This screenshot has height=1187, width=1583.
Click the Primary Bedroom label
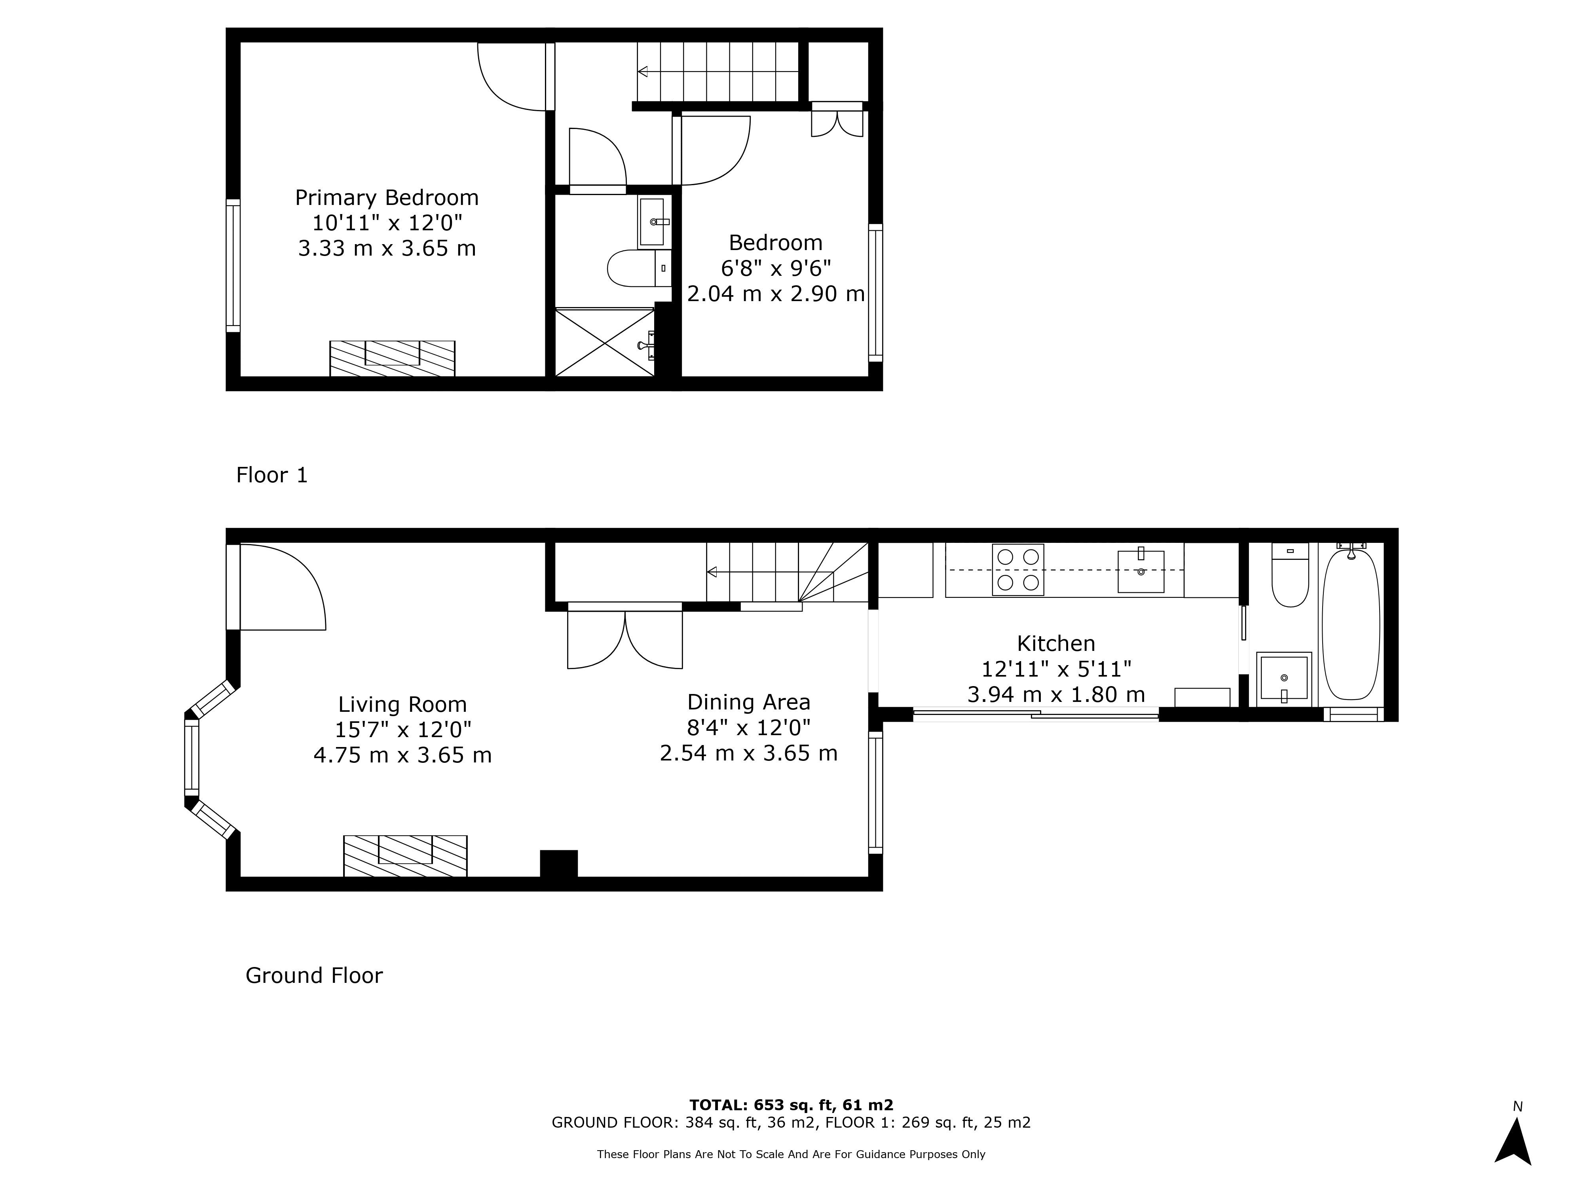point(386,197)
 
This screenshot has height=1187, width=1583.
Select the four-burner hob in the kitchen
point(1017,569)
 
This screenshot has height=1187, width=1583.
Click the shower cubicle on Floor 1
point(605,342)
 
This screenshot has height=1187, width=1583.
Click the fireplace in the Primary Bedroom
point(392,358)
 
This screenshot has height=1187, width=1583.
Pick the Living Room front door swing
point(283,588)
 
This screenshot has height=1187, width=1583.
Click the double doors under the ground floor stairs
point(625,638)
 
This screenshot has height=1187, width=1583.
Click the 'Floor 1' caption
point(272,475)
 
